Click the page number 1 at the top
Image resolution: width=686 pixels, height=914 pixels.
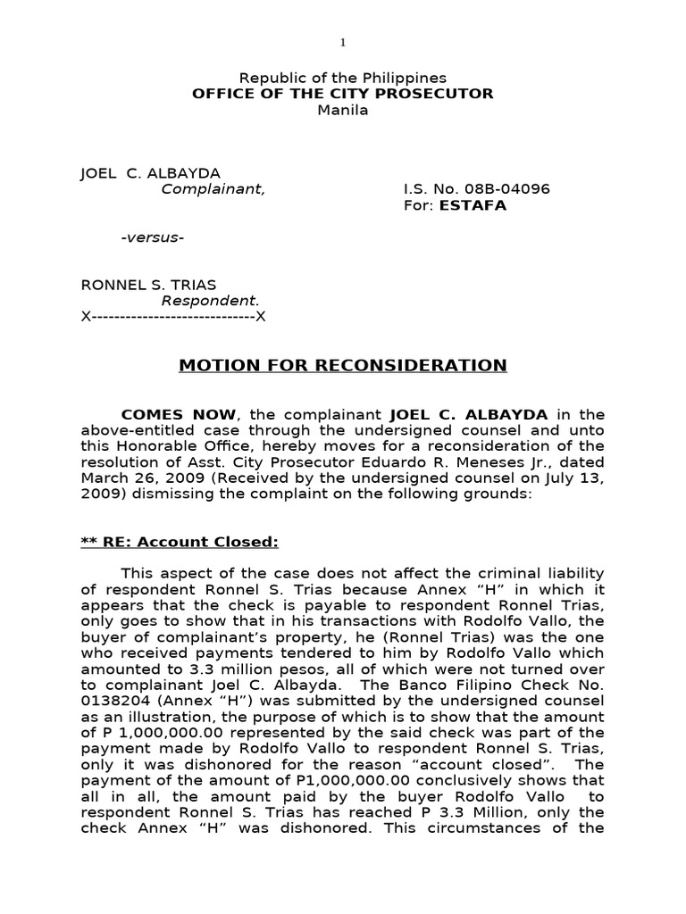tap(342, 42)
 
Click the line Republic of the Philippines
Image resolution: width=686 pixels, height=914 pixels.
tap(342, 79)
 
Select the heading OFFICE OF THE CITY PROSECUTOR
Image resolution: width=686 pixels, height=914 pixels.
tap(342, 94)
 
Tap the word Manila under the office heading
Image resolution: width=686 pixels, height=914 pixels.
tap(343, 110)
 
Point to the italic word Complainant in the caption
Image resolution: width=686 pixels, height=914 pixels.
tap(213, 189)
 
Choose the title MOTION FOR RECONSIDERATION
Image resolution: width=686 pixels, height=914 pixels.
tap(343, 365)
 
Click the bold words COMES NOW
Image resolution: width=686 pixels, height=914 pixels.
tap(179, 414)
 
